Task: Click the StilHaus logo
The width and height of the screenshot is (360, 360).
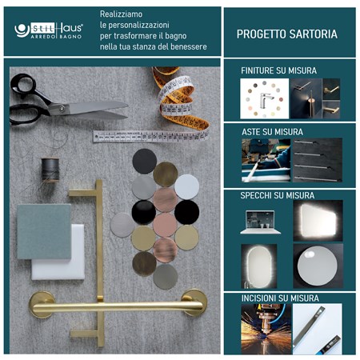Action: click(49, 30)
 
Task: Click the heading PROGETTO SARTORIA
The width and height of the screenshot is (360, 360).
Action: click(286, 34)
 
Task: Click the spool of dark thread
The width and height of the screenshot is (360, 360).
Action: click(51, 170)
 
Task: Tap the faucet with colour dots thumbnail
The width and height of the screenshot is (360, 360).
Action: click(264, 98)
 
